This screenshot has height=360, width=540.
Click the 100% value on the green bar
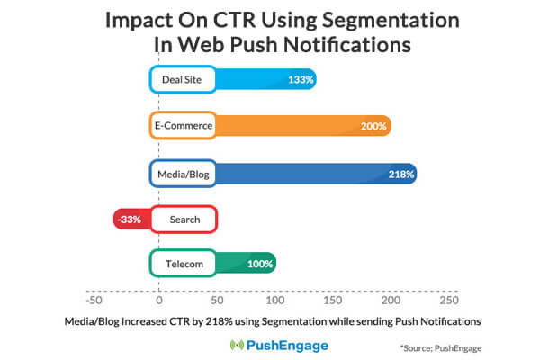pos(260,265)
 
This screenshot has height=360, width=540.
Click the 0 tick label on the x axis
pos(158,299)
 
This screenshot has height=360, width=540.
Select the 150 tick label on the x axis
pos(332,299)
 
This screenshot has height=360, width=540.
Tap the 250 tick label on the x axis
pos(448,299)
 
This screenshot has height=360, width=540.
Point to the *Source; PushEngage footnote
pos(441,346)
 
